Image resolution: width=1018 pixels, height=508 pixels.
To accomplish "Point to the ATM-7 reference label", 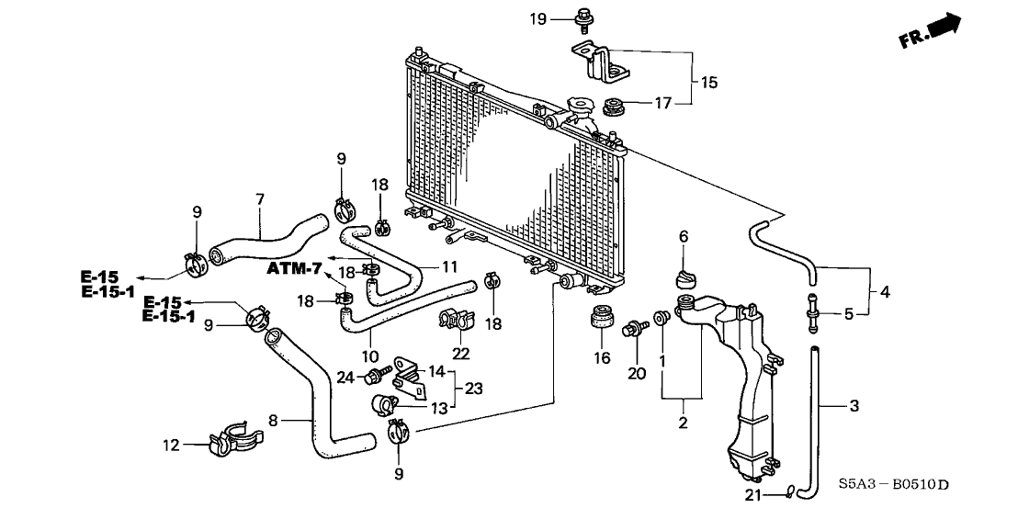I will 295,268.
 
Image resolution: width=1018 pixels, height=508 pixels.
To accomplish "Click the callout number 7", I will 260,198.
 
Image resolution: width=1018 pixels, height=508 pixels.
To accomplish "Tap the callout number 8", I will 272,422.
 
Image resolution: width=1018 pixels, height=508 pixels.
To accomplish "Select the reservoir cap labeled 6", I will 684,277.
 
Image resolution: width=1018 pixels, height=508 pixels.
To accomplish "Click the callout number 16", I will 603,357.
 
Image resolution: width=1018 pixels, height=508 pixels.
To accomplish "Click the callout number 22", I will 460,355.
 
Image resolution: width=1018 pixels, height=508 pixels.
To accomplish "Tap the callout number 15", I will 708,82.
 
